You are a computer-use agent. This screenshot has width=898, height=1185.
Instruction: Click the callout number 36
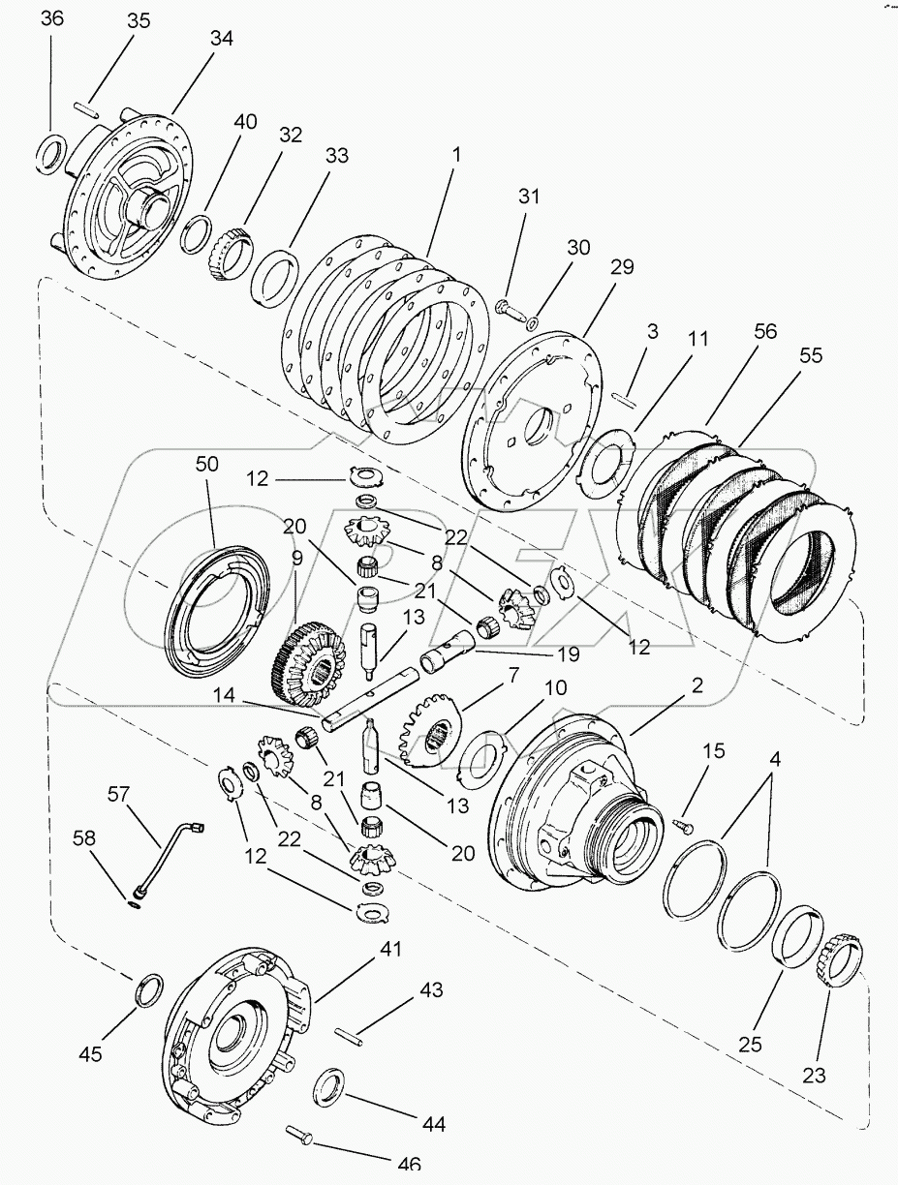pyautogui.click(x=52, y=20)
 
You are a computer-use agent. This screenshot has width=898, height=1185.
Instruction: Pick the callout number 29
pyautogui.click(x=622, y=267)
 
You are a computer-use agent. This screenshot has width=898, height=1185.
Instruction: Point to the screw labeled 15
pyautogui.click(x=684, y=822)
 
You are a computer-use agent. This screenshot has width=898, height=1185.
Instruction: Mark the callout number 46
pyautogui.click(x=409, y=1165)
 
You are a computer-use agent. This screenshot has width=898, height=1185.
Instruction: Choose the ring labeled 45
pyautogui.click(x=148, y=991)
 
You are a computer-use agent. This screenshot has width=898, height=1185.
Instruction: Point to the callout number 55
pyautogui.click(x=811, y=355)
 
